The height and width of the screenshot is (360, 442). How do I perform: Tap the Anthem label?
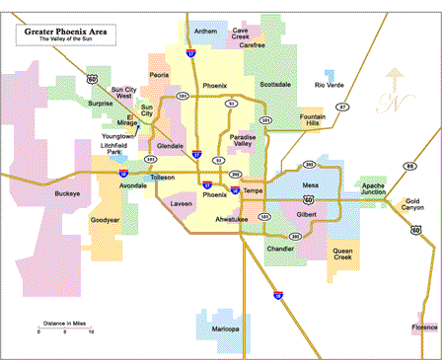(206, 31)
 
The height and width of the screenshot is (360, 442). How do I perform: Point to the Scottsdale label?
(275, 85)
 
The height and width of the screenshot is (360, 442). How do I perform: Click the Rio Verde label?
(330, 85)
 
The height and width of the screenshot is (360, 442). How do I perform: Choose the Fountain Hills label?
(313, 120)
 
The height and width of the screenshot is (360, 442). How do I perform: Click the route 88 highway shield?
(408, 167)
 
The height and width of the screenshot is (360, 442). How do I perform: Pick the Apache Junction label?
(374, 188)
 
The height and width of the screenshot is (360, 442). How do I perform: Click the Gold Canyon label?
(412, 205)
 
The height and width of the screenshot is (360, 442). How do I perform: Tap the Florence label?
(425, 327)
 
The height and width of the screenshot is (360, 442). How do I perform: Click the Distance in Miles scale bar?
(64, 329)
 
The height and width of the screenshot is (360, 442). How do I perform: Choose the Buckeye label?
(68, 193)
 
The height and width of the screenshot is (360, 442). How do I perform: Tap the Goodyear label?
(106, 220)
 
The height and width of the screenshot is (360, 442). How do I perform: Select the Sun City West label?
(123, 93)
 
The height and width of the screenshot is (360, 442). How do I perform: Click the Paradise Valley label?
(243, 140)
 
